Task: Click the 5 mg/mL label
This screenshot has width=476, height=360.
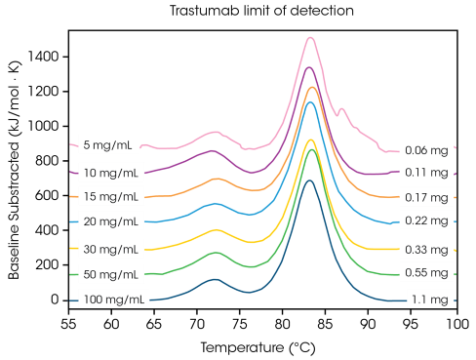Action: (x=109, y=145)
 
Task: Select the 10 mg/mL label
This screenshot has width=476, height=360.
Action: (x=111, y=172)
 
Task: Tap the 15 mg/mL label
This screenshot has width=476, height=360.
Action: (x=111, y=197)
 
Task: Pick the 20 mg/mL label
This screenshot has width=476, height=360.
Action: (x=111, y=222)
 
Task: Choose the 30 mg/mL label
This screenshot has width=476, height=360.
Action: (x=111, y=249)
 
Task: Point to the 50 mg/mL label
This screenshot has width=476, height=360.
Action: (x=111, y=274)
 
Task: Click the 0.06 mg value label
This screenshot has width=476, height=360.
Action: (x=427, y=150)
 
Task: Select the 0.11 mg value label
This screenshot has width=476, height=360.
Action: (x=427, y=173)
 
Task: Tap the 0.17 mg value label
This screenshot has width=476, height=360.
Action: (x=427, y=197)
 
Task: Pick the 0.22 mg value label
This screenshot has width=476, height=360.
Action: (x=427, y=221)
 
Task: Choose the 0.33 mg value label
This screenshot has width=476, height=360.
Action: (x=427, y=250)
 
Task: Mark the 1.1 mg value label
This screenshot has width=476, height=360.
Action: (x=431, y=300)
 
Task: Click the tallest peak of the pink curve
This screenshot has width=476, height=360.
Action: (x=310, y=37)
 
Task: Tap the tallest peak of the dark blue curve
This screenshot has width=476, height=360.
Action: (x=310, y=180)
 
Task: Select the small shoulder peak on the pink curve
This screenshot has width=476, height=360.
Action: (x=341, y=109)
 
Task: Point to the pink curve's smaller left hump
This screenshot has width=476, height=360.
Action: (x=215, y=132)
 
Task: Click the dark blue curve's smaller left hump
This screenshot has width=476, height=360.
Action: (x=215, y=278)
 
